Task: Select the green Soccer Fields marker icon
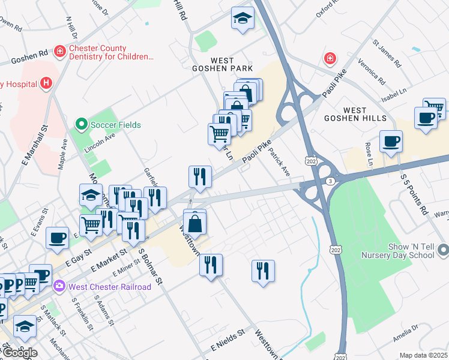[80, 125]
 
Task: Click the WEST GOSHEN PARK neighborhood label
[231, 65]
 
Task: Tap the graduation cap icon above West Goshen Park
[243, 19]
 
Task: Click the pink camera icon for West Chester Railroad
[59, 286]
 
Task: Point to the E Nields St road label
[228, 341]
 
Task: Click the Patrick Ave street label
[279, 162]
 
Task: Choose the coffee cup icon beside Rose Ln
[391, 142]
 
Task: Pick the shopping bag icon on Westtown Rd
[195, 224]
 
